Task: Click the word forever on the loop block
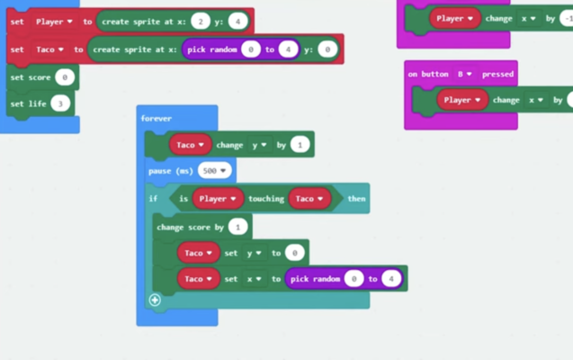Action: click(x=156, y=119)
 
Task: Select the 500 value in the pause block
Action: click(x=215, y=170)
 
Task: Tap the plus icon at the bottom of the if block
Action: click(x=155, y=300)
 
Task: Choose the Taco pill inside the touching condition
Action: click(x=309, y=198)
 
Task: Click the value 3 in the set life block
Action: click(x=60, y=103)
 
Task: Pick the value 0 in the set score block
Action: click(x=64, y=78)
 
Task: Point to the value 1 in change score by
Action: click(x=238, y=227)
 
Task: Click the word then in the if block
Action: click(x=356, y=198)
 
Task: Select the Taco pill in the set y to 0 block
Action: click(x=197, y=253)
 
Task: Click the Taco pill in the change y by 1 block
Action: click(x=190, y=144)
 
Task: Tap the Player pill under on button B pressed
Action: click(x=461, y=100)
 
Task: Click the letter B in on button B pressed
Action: click(x=460, y=74)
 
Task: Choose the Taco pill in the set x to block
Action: click(x=197, y=279)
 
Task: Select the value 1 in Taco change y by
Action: click(x=300, y=144)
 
